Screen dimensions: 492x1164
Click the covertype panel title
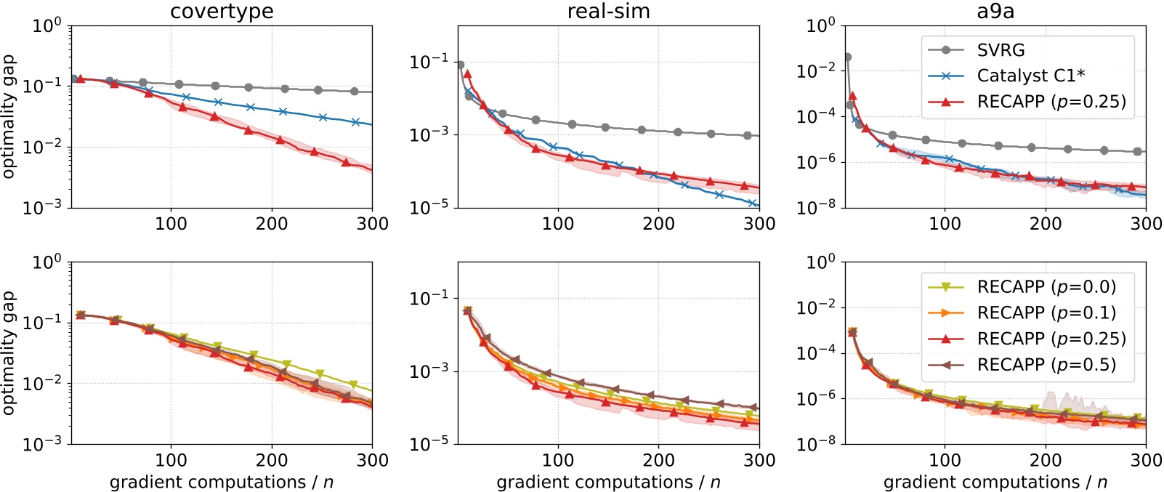(x=222, y=12)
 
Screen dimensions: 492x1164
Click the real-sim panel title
(x=608, y=12)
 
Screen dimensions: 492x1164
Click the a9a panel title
(x=995, y=12)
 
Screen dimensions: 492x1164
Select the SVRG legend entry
(x=1001, y=50)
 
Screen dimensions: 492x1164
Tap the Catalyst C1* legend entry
(x=1030, y=76)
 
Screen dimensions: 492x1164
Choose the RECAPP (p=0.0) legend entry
(x=1046, y=286)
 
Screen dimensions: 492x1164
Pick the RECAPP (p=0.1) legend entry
(x=1046, y=312)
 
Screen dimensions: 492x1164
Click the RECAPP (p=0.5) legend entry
(x=1046, y=365)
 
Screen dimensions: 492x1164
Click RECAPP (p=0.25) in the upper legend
(x=1051, y=102)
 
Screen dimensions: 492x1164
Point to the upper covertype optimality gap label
(x=9, y=116)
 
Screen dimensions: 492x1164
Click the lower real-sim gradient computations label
(x=608, y=482)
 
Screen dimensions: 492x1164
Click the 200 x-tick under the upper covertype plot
(x=272, y=224)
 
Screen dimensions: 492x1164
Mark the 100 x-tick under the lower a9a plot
(x=945, y=460)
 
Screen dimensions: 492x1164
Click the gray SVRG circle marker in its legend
(x=946, y=50)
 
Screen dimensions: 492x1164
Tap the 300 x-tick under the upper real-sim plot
(x=759, y=224)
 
